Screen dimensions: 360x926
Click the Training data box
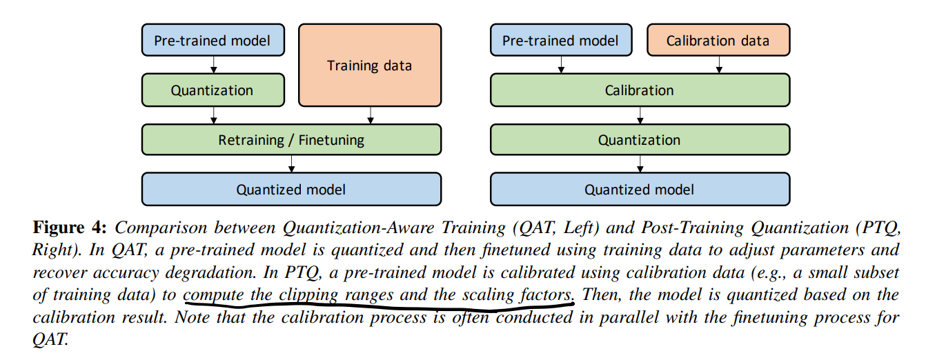tap(369, 66)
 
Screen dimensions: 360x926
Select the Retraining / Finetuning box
tap(291, 140)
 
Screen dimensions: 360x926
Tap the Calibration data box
tap(718, 41)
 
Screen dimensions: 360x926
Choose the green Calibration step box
tap(639, 90)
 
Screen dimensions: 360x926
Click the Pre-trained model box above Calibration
tap(560, 41)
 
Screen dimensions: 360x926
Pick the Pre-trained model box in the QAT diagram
tap(212, 41)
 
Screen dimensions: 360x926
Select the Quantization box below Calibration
tap(639, 140)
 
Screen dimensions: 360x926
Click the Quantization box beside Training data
tap(212, 90)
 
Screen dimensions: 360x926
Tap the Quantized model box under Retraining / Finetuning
tap(291, 190)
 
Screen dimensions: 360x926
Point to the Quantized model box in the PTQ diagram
tap(639, 190)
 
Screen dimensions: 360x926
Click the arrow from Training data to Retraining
tap(372, 115)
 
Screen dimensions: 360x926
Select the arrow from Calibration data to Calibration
tap(720, 65)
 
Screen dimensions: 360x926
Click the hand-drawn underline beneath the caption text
tap(380, 306)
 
